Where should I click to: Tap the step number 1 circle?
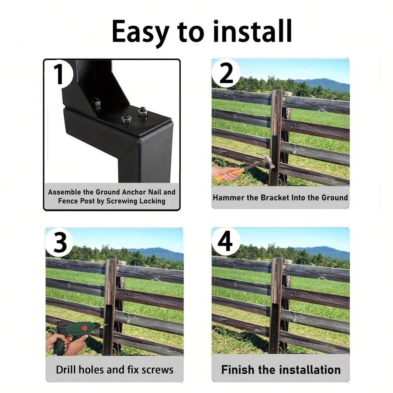coord(59,74)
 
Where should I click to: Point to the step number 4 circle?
coord(225,241)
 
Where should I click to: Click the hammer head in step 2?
coord(266,160)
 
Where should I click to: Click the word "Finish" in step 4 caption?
coord(238,370)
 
